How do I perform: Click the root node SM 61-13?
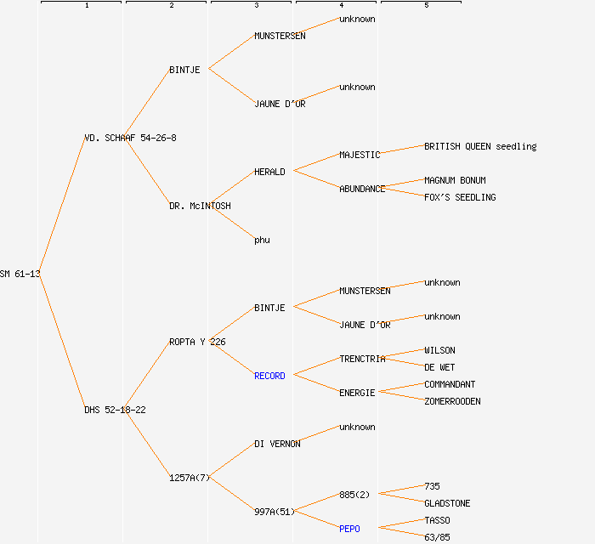pyautogui.click(x=20, y=274)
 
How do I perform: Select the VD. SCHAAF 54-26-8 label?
pyautogui.click(x=130, y=138)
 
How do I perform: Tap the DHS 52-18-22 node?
pyautogui.click(x=115, y=410)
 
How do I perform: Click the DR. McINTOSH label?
pyautogui.click(x=200, y=206)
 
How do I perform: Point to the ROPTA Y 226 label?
pyautogui.click(x=197, y=342)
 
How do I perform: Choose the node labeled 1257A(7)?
pyautogui.click(x=190, y=478)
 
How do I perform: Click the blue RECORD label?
pyautogui.click(x=269, y=376)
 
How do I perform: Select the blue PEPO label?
pyautogui.click(x=349, y=529)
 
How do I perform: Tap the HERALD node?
pyautogui.click(x=269, y=172)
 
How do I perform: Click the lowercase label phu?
pyautogui.click(x=262, y=240)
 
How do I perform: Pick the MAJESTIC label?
pyautogui.click(x=360, y=155)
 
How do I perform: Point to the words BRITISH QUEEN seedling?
pyautogui.click(x=480, y=146)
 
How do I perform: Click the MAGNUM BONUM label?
pyautogui.click(x=455, y=180)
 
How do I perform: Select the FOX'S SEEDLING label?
pyautogui.click(x=460, y=197)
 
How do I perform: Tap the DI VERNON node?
pyautogui.click(x=277, y=444)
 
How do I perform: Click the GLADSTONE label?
pyautogui.click(x=447, y=503)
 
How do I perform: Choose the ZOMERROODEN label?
pyautogui.click(x=452, y=401)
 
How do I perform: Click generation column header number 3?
pyautogui.click(x=256, y=6)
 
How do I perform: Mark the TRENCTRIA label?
pyautogui.click(x=362, y=359)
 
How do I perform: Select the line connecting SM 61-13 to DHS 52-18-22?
pyautogui.click(x=61, y=340)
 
